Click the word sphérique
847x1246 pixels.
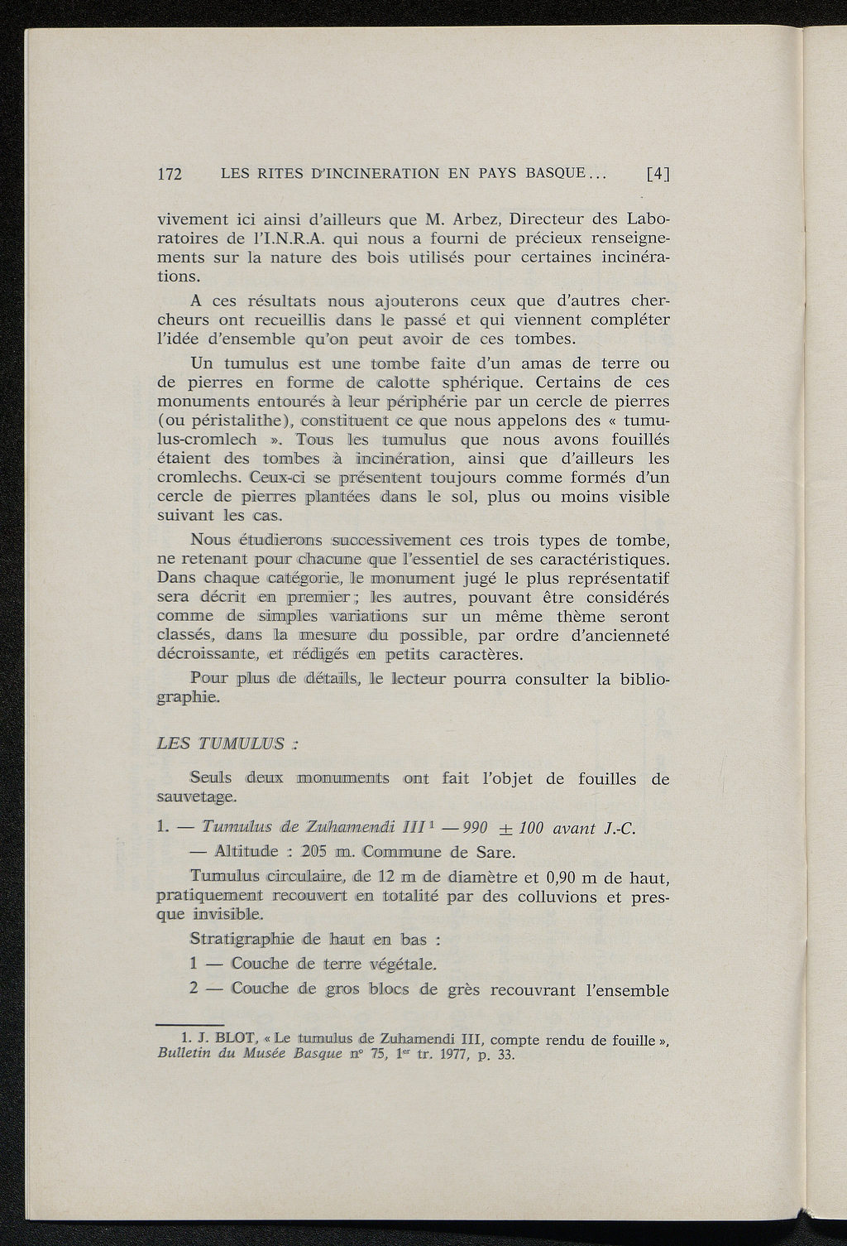click(x=486, y=382)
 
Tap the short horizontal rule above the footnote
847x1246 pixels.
click(x=190, y=1024)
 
